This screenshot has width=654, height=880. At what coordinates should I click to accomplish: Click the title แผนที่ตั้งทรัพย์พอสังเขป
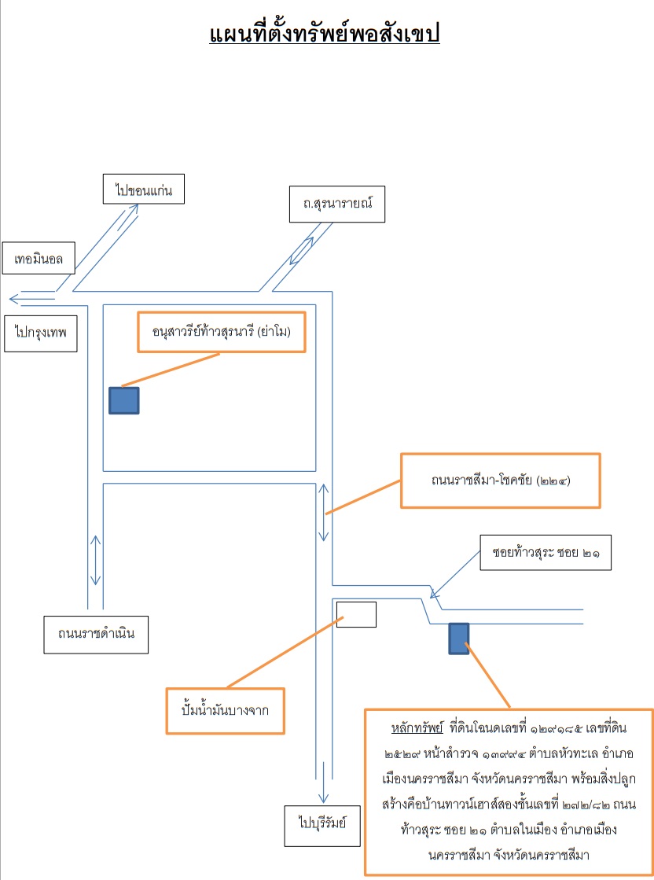324,34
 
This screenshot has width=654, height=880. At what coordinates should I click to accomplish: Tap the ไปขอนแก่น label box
144,189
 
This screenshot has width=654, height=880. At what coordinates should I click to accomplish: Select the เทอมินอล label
39,259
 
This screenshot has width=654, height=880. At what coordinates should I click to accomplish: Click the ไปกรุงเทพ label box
40,333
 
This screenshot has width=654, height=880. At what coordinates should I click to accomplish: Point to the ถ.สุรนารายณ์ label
337,204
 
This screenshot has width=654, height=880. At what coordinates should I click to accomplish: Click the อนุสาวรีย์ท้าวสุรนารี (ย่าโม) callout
222,332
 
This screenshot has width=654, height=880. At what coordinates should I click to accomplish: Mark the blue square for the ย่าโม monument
124,401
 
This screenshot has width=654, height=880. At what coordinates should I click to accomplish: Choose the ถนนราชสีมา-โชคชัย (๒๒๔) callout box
500,481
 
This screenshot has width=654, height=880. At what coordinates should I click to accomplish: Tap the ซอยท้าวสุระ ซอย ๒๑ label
546,553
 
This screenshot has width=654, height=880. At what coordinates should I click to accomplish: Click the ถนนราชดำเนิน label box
96,635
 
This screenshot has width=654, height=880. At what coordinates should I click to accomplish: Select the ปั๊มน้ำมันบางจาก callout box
225,711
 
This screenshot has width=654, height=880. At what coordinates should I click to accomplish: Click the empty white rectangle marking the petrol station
356,614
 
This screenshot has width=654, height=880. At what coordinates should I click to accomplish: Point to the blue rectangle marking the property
459,639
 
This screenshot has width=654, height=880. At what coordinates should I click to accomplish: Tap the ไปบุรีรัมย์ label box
322,826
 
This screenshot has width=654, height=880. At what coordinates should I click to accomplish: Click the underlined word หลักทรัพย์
417,728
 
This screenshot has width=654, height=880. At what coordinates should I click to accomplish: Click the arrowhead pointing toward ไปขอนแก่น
134,208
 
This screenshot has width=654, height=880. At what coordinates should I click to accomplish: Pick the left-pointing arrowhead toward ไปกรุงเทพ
14,299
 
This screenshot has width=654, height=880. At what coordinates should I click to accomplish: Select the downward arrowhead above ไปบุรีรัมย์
323,798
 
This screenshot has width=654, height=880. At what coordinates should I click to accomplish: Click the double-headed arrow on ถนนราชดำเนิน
96,561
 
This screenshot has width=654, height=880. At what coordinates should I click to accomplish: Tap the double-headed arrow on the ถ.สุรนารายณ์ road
302,251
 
